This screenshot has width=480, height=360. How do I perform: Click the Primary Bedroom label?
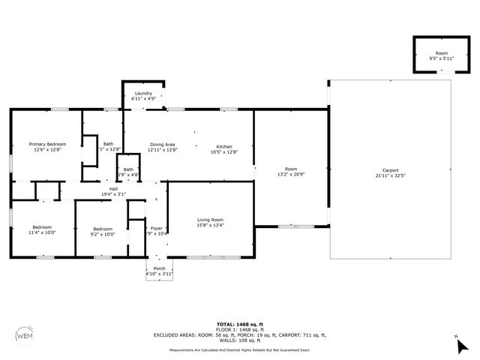click(x=47, y=144)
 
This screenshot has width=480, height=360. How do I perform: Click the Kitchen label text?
click(x=224, y=146)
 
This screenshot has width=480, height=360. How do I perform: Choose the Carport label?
click(x=390, y=170)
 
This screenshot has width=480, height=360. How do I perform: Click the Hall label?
click(x=114, y=189)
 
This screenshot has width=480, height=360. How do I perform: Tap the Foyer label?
click(x=156, y=228)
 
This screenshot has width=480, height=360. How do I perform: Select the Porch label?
click(x=159, y=268)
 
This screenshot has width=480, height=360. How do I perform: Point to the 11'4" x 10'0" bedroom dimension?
click(x=43, y=233)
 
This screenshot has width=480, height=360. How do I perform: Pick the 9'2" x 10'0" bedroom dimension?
click(x=103, y=233)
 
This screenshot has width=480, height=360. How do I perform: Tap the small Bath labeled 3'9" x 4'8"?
click(x=129, y=172)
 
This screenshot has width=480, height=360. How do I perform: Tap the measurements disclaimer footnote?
click(x=239, y=350)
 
